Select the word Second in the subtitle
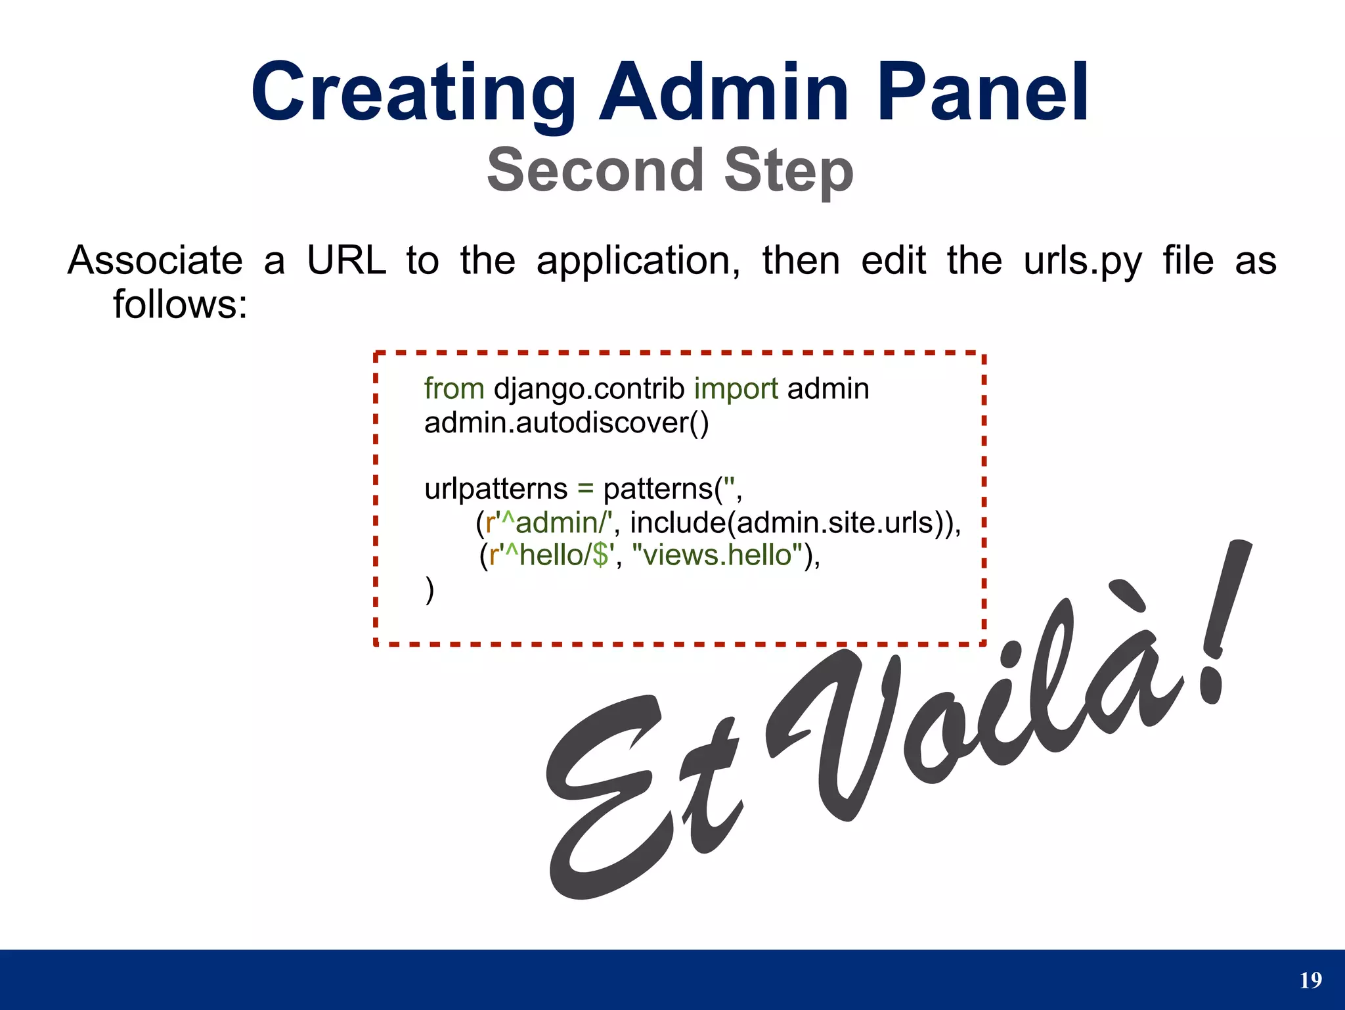pos(596,170)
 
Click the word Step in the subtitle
pos(788,170)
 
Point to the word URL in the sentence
pos(346,260)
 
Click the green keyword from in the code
pos(454,388)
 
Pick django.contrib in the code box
pos(589,388)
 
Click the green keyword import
pos(736,388)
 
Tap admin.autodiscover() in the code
pos(566,423)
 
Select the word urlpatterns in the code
pos(496,489)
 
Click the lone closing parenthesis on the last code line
pos(430,589)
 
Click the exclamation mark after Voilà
pos(1222,624)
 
